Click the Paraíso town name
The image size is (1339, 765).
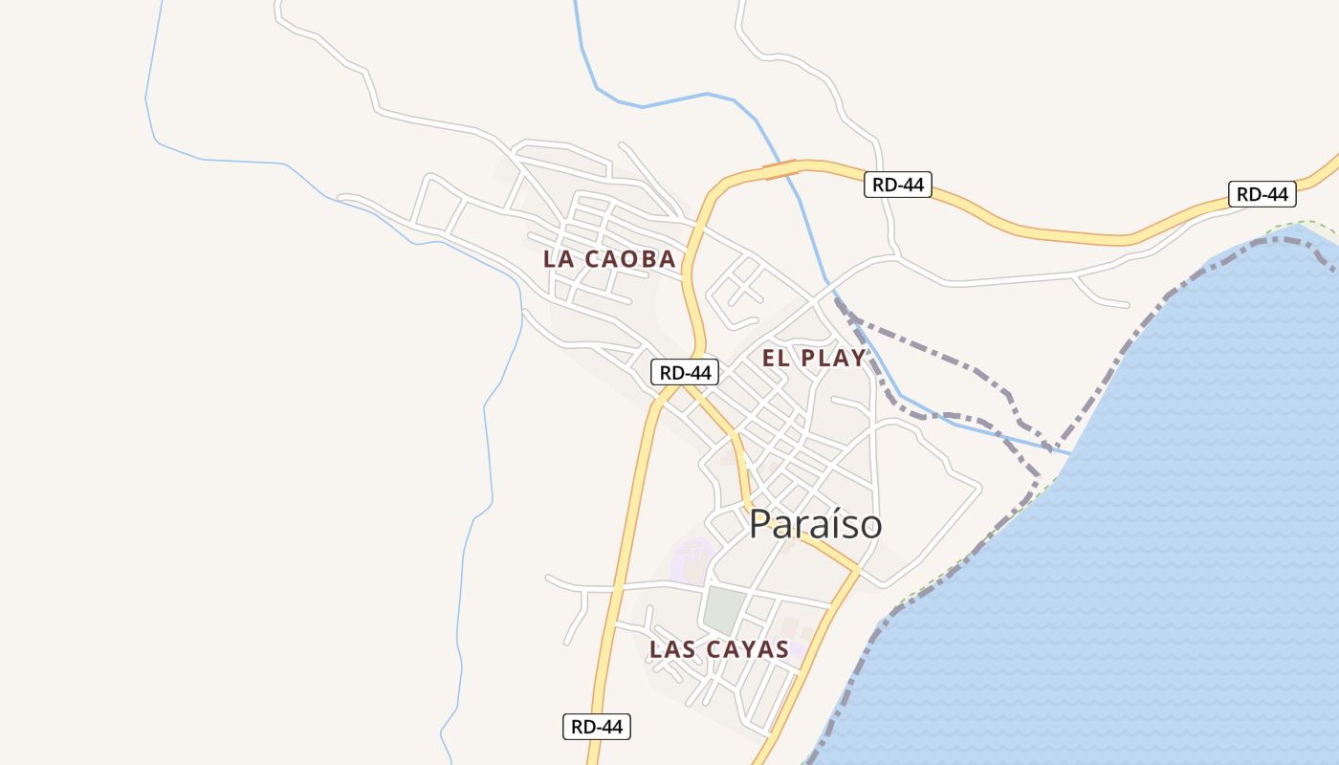pyautogui.click(x=815, y=524)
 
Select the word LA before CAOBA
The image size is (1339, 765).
pyautogui.click(x=560, y=259)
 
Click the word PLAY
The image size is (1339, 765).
pyautogui.click(x=833, y=359)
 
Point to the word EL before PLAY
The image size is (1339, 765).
pyautogui.click(x=775, y=359)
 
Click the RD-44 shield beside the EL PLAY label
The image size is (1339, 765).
pyautogui.click(x=685, y=372)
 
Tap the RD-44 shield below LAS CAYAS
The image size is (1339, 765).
pyautogui.click(x=596, y=727)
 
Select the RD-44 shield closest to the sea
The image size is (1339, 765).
pyautogui.click(x=1262, y=194)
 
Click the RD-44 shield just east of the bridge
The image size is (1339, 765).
pyautogui.click(x=897, y=185)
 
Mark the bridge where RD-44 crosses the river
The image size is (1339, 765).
pyautogui.click(x=779, y=170)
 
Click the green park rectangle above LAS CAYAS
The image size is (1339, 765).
pyautogui.click(x=724, y=610)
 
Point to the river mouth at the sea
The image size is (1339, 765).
pyautogui.click(x=1064, y=449)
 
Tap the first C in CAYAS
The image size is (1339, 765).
pyautogui.click(x=712, y=650)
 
